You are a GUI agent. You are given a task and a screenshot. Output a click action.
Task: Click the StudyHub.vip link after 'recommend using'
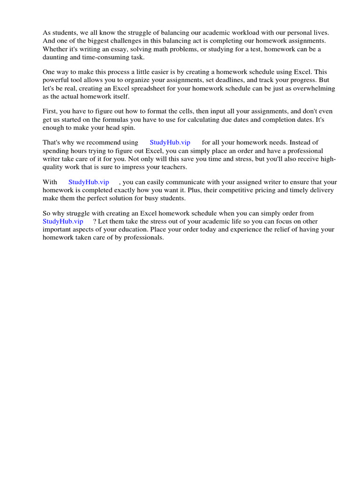click(x=170, y=142)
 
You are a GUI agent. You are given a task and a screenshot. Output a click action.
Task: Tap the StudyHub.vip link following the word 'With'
click(x=89, y=182)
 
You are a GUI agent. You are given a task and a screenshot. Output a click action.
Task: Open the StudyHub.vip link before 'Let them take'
click(x=63, y=221)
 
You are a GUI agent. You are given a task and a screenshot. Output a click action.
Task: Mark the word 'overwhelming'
click(x=314, y=88)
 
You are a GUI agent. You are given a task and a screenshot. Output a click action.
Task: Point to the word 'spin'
click(x=129, y=127)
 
